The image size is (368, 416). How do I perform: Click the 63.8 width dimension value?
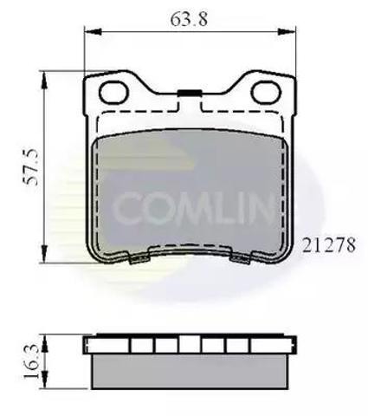click(x=189, y=19)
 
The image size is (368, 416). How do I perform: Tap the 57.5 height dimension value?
click(x=30, y=167)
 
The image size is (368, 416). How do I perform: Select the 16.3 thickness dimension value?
click(x=31, y=361)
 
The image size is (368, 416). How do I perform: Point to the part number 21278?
click(x=329, y=245)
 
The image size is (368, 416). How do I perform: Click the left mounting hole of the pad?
click(x=113, y=92)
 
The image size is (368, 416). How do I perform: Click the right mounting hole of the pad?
click(x=266, y=92)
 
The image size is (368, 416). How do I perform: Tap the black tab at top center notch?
click(x=190, y=93)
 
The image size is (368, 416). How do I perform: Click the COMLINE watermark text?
click(x=192, y=209)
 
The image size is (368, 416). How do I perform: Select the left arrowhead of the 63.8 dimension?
click(x=93, y=31)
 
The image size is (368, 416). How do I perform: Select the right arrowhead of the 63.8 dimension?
click(x=287, y=31)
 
